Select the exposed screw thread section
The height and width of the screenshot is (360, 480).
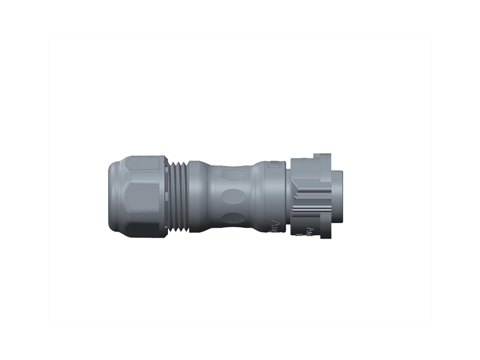[178, 197]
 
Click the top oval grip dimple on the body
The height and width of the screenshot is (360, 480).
[233, 175]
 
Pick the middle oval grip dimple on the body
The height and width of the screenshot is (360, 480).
[233, 196]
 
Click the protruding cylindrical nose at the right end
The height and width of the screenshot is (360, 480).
[337, 196]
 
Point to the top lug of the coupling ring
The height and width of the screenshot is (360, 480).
[321, 158]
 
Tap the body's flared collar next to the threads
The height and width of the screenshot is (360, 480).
[196, 196]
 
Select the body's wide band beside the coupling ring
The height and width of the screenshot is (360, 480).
[267, 196]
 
